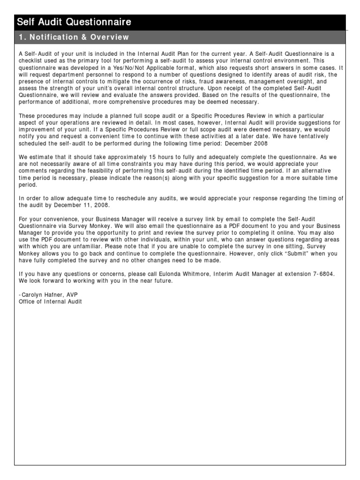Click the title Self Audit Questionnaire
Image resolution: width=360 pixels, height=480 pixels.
[x=74, y=22]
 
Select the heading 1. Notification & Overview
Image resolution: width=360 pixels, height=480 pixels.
[x=73, y=37]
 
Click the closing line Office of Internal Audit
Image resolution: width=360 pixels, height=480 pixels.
[x=50, y=301]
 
